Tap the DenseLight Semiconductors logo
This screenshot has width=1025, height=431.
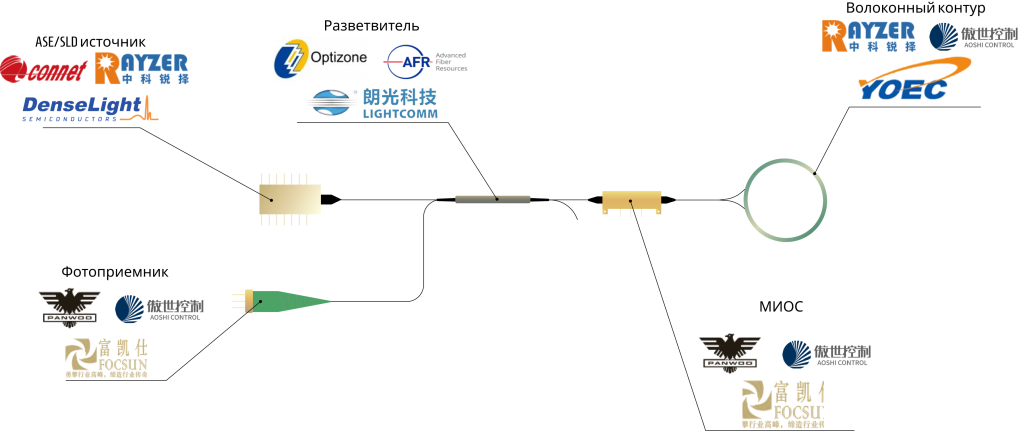pyautogui.click(x=90, y=109)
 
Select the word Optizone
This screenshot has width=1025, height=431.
pyautogui.click(x=344, y=60)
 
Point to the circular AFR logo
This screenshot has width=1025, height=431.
pyautogui.click(x=410, y=61)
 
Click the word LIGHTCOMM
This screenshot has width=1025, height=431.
pyautogui.click(x=400, y=113)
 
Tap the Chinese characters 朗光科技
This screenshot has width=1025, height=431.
pyautogui.click(x=400, y=97)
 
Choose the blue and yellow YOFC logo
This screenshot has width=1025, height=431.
pyautogui.click(x=914, y=81)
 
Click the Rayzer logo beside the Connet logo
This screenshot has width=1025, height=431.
pyautogui.click(x=141, y=68)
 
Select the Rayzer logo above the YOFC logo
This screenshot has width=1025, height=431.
pyautogui.click(x=868, y=35)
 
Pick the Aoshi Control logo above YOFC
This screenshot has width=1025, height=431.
pyautogui.click(x=972, y=36)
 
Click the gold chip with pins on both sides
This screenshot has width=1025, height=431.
pyautogui.click(x=289, y=198)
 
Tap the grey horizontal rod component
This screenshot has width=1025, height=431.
pyautogui.click(x=492, y=199)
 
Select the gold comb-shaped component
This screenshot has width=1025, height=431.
pyautogui.click(x=631, y=202)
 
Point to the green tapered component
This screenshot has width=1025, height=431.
pyautogui.click(x=290, y=300)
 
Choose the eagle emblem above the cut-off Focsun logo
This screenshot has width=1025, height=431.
pyautogui.click(x=730, y=354)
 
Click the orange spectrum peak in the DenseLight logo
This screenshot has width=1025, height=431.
pyautogui.click(x=149, y=107)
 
